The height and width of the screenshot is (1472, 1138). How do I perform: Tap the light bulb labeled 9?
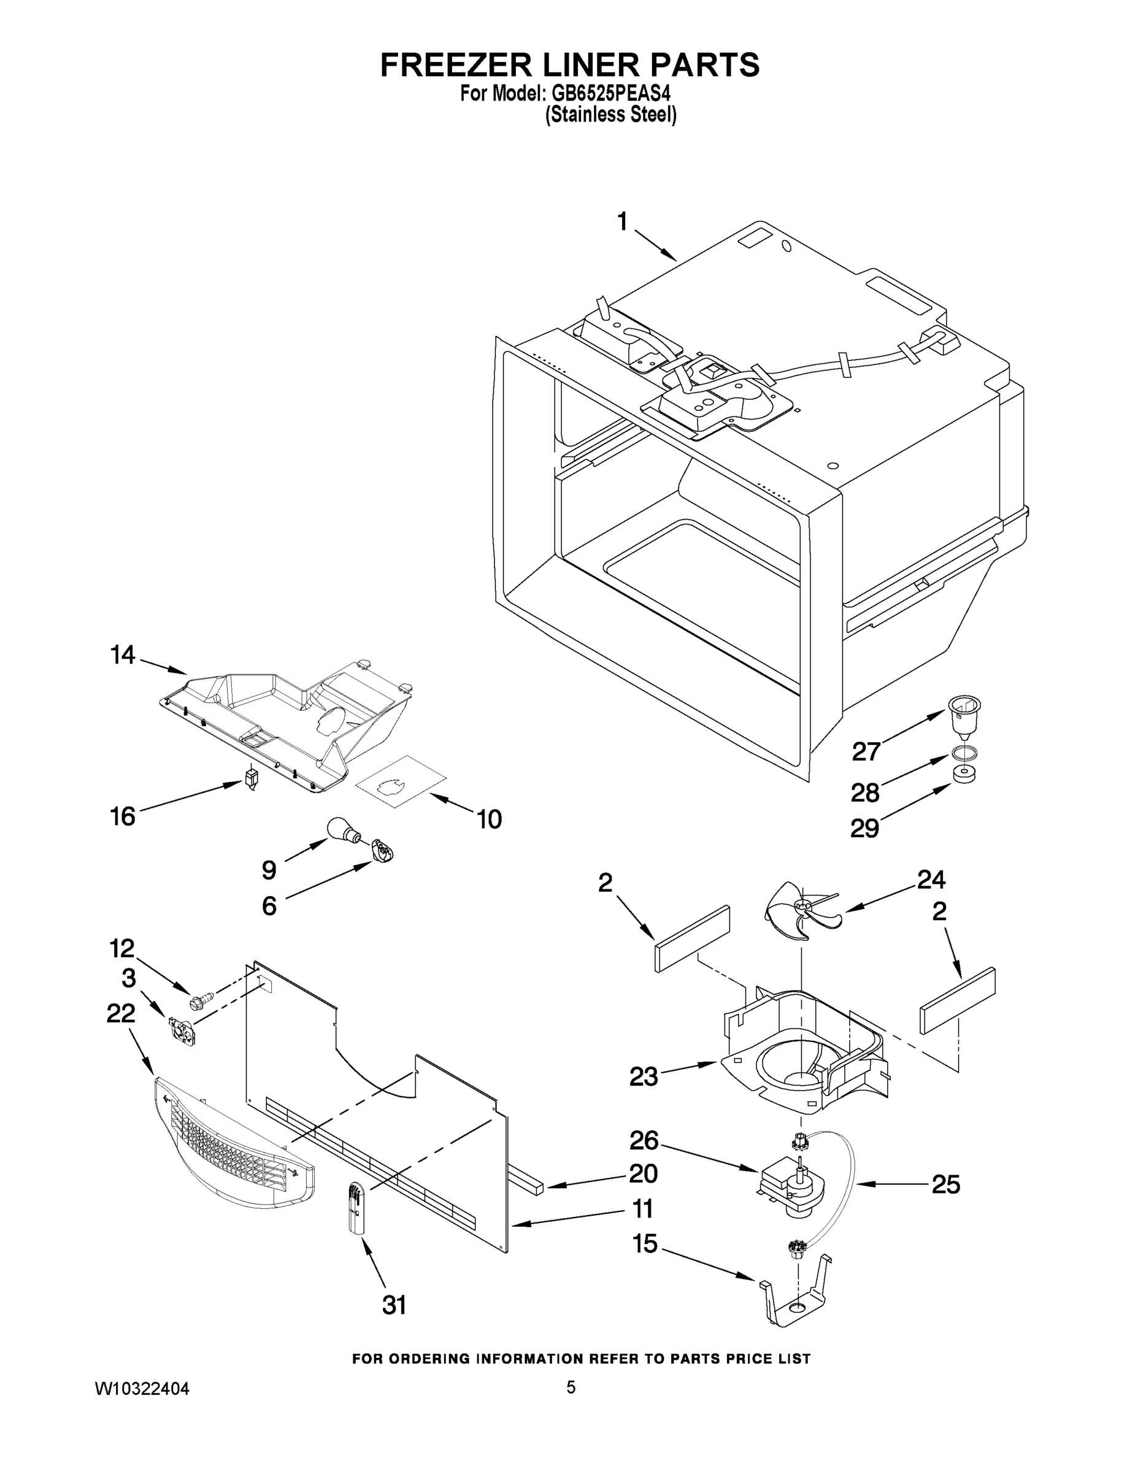pyautogui.click(x=340, y=829)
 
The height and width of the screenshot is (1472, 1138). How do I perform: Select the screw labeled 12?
pyautogui.click(x=202, y=999)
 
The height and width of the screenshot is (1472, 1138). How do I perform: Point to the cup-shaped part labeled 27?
pyautogui.click(x=964, y=716)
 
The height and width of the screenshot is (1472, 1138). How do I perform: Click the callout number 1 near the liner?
pyautogui.click(x=622, y=221)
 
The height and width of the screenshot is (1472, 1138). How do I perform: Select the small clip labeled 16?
pyautogui.click(x=252, y=779)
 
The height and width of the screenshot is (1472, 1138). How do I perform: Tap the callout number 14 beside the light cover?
pyautogui.click(x=123, y=654)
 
